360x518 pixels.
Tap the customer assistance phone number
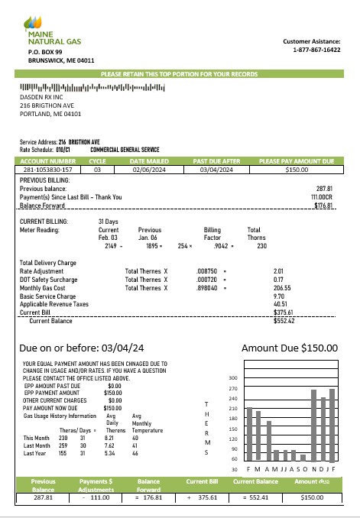[x=316, y=50]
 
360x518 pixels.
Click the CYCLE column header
[x=98, y=161]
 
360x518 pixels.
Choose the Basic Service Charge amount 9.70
[x=279, y=295]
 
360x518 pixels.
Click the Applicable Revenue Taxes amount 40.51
[x=280, y=303]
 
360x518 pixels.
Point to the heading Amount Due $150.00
[x=289, y=348]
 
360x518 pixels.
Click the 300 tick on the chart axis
[x=233, y=377]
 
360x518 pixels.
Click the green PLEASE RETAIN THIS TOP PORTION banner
[x=180, y=73]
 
